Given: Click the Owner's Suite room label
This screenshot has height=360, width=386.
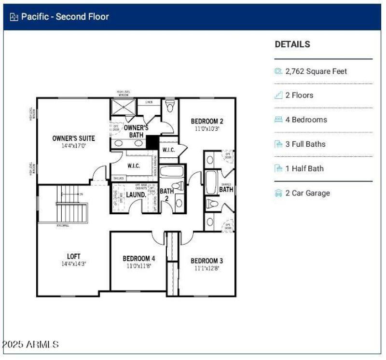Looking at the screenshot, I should (x=73, y=138).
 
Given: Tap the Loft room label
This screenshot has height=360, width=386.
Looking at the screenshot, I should (x=73, y=256).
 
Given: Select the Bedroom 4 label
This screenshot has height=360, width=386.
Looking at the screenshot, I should (x=139, y=259).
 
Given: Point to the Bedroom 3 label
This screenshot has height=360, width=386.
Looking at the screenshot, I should (x=207, y=261).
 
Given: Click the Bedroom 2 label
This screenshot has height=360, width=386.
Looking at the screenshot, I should (x=207, y=121).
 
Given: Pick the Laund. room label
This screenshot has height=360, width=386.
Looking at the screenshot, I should (x=136, y=195).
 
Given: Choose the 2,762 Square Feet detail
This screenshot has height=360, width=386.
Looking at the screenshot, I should (x=316, y=71).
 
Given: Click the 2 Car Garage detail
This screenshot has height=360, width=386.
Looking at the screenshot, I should (x=308, y=193).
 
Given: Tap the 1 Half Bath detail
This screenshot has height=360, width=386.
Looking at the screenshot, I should (x=304, y=168).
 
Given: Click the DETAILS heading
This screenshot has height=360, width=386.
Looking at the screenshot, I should (x=292, y=44).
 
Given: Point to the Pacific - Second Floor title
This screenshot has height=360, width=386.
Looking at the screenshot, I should (x=65, y=17).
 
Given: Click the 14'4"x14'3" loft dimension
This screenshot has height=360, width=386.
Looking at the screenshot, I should (x=73, y=264).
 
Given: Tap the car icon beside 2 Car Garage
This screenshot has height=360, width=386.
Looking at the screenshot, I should (x=278, y=193).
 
